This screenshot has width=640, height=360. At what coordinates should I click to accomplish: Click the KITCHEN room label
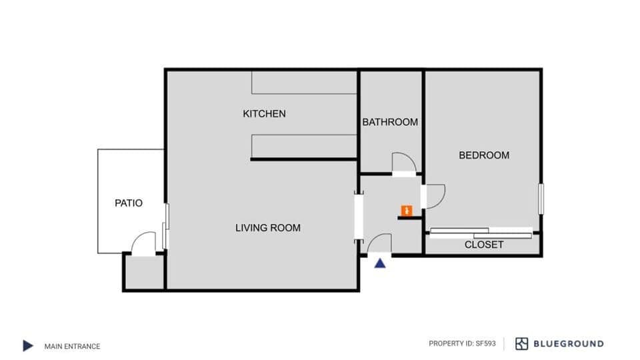click(x=264, y=114)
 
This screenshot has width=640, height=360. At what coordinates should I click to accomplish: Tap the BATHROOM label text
click(x=390, y=122)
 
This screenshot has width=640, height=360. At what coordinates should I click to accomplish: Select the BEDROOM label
click(x=484, y=155)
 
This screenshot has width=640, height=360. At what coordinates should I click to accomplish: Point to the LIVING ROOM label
click(x=268, y=228)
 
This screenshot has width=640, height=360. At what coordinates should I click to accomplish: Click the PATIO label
click(x=129, y=203)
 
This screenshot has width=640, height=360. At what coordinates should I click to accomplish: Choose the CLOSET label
click(x=484, y=245)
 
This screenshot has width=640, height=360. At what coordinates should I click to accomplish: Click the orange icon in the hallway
click(x=406, y=211)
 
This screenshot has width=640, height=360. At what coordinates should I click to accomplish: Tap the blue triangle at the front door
click(x=380, y=263)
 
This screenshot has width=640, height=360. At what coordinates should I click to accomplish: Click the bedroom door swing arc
click(x=435, y=196)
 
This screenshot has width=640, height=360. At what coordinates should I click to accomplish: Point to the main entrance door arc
click(x=379, y=244)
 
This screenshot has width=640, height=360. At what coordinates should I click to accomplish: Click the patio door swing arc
click(x=143, y=243)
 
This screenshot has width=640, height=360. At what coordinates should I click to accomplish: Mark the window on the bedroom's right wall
click(x=541, y=199)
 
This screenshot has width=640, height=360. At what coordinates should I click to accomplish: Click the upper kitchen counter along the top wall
click(x=304, y=83)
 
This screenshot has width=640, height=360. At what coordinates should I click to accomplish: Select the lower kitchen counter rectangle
click(x=304, y=145)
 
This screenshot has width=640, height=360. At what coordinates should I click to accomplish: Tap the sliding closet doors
click(x=481, y=233)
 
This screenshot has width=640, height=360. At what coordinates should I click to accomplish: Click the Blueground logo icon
click(x=521, y=344)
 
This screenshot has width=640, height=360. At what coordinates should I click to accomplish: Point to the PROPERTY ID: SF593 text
click(x=461, y=344)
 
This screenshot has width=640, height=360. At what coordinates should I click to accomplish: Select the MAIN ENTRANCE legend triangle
click(x=28, y=345)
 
